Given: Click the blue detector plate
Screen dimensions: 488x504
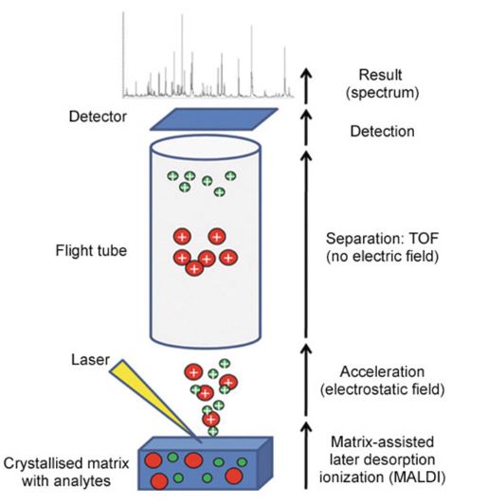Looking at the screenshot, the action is coord(214,119).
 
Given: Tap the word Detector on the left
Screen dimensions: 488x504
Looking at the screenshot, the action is coord(98,117).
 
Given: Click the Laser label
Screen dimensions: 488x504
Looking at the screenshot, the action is coord(90,360).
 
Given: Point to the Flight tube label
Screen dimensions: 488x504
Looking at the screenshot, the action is coord(91,250).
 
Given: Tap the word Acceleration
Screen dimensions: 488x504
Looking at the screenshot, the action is coord(382,371).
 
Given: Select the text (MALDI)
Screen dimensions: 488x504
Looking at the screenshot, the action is coord(417,477).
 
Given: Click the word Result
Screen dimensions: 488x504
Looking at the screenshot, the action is coord(380,75).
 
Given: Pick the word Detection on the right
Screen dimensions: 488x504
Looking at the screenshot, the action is coord(382,132).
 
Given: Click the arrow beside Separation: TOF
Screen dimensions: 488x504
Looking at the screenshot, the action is coord(306,244).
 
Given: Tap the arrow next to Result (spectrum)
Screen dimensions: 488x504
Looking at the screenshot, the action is coord(306,86).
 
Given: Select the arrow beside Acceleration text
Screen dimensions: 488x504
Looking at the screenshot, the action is coord(306,380).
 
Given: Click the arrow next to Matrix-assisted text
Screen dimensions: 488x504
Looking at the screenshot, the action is coord(306,456).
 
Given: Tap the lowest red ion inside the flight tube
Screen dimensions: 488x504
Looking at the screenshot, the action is coord(194,268).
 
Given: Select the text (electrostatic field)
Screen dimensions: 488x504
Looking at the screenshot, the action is coord(382,389).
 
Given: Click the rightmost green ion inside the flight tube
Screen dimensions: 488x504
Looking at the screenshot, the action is coord(230,176).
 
